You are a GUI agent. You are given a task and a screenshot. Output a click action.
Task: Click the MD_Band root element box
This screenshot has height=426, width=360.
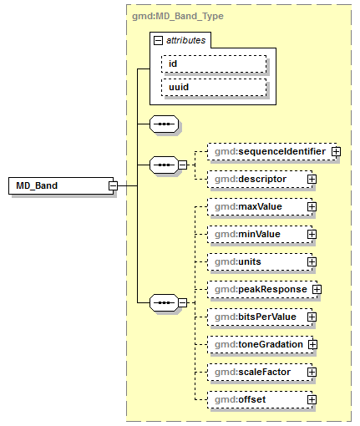pyautogui.click(x=58, y=185)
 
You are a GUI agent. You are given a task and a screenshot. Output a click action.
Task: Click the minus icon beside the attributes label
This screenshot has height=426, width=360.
pyautogui.click(x=158, y=39)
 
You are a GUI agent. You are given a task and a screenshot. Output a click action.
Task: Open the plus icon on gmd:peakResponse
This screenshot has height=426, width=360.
pyautogui.click(x=317, y=289)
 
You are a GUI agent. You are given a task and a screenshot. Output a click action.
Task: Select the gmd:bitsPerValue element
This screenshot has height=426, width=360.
pyautogui.click(x=259, y=317)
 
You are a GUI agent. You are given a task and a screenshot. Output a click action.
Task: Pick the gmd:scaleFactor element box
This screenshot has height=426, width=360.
pyautogui.click(x=258, y=372)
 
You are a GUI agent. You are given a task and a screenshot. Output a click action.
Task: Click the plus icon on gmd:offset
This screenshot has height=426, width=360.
pyautogui.click(x=312, y=399)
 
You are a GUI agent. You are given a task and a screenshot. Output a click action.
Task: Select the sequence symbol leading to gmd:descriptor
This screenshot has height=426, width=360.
pyautogui.click(x=163, y=165)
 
